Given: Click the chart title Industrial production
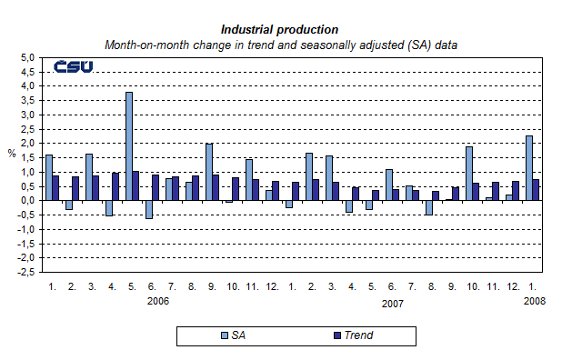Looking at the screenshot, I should [x=280, y=29].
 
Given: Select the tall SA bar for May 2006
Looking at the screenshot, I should [x=129, y=145].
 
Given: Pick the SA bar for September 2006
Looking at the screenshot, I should [x=209, y=172].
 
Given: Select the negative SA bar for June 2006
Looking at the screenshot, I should [x=149, y=209].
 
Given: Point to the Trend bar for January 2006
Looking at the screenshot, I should [x=56, y=187].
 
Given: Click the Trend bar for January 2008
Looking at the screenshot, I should [x=537, y=189].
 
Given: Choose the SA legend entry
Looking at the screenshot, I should [x=232, y=335].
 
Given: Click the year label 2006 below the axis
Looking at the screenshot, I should [x=158, y=302].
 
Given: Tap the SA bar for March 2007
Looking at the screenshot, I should [x=329, y=177].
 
